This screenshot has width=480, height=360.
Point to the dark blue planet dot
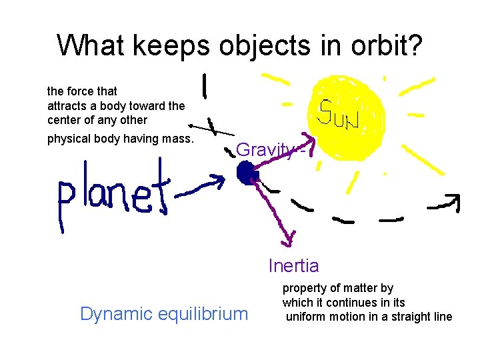coord(247,173)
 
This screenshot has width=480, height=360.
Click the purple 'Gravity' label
coord(265,150)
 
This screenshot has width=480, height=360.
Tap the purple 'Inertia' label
coord(293,266)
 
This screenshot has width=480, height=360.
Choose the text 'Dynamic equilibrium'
coord(163,313)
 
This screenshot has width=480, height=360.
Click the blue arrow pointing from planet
coord(200,187)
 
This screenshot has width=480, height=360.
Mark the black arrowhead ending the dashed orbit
coord(453,201)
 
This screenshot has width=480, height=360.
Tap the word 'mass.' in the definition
coord(177,139)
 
